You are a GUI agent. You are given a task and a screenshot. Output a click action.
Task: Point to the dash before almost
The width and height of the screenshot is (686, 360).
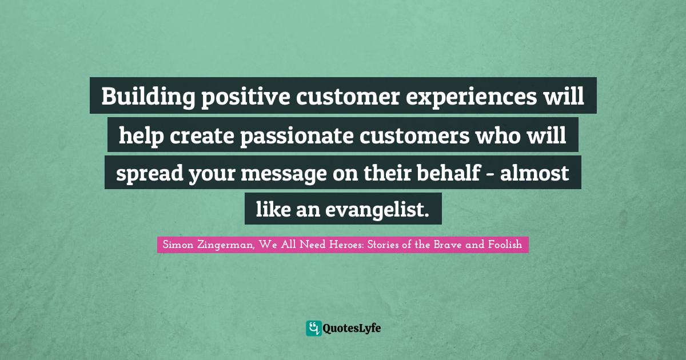(490, 174)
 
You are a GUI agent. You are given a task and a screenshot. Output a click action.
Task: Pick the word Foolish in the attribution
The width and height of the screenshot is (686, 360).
(505, 245)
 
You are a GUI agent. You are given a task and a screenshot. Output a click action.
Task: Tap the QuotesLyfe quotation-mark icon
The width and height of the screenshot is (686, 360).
(313, 328)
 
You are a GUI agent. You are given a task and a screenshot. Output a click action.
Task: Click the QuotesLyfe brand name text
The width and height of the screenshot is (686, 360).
(352, 328)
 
